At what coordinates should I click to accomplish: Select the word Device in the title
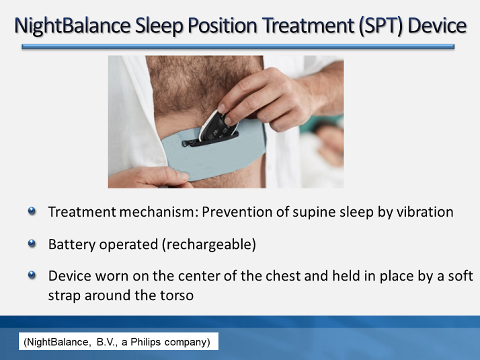tap(435, 26)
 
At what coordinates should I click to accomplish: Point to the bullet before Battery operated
tap(32, 244)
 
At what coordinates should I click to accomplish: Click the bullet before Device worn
tap(32, 276)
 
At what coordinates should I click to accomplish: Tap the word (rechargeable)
tap(208, 244)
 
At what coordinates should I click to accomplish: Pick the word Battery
tap(71, 244)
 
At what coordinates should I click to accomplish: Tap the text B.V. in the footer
tap(104, 343)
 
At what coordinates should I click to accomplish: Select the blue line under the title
tap(238, 47)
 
